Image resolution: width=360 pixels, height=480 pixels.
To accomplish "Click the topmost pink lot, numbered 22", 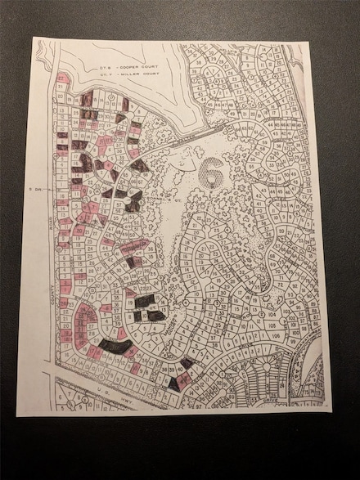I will coord(62,78).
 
